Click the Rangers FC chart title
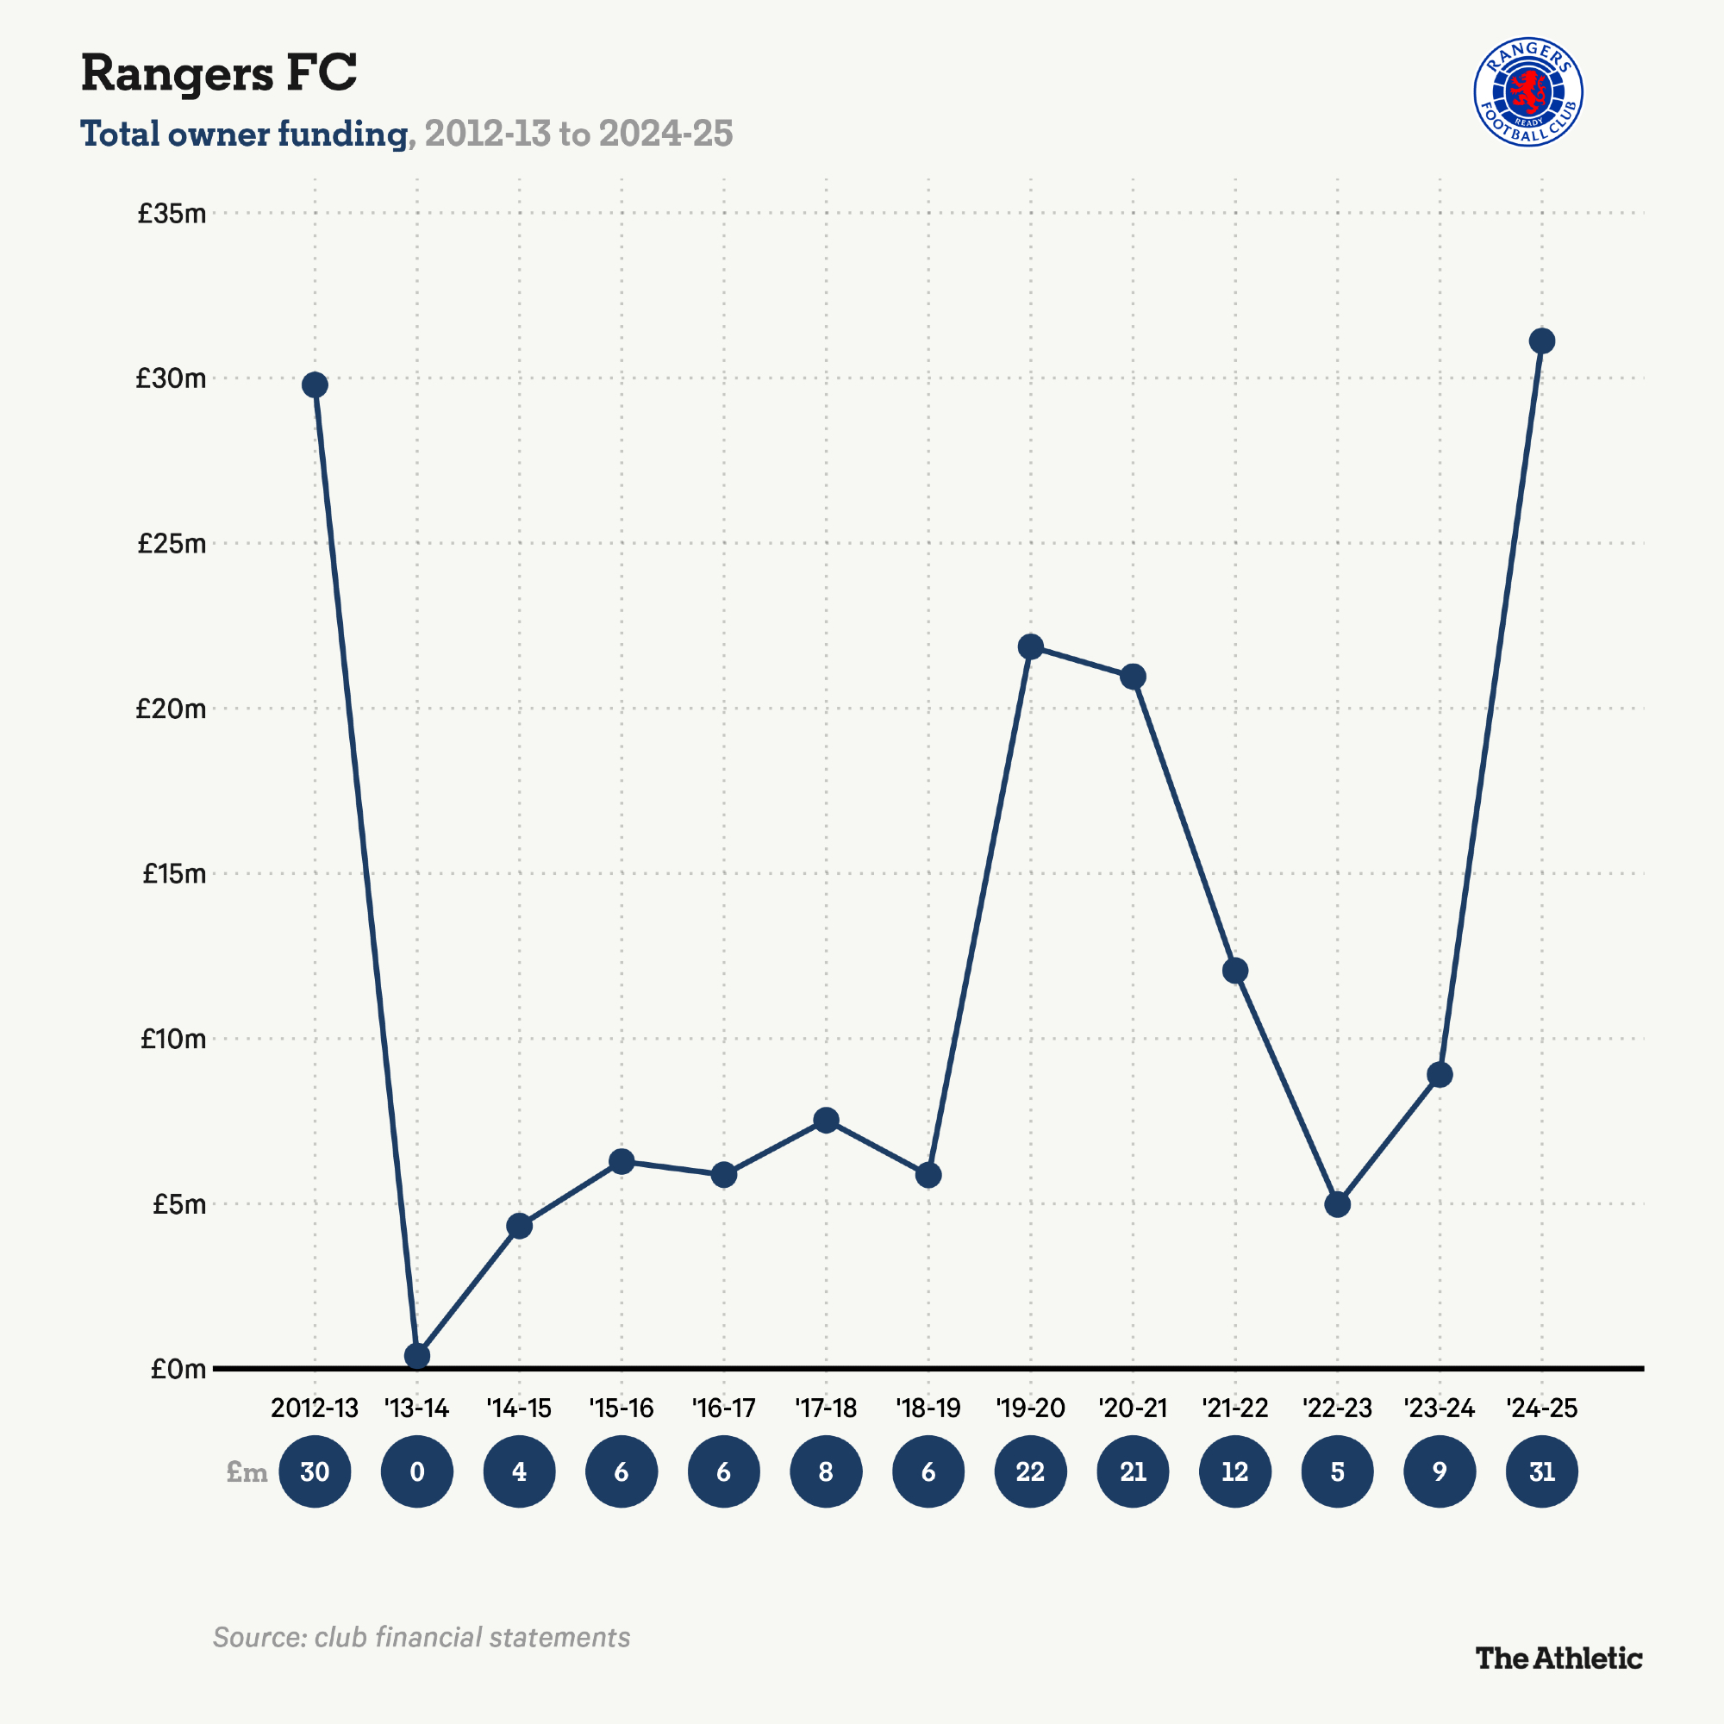point(219,73)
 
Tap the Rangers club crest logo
point(1527,93)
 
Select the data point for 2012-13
point(315,384)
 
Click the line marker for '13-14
point(416,1355)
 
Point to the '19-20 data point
point(1031,646)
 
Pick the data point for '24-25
point(1542,340)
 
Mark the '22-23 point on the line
point(1337,1205)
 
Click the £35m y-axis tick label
point(172,213)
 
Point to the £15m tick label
point(174,873)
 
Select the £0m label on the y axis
point(178,1369)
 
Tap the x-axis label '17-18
point(826,1409)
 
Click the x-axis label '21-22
point(1235,1409)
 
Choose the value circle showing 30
point(315,1471)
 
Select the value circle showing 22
point(1031,1471)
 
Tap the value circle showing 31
point(1542,1471)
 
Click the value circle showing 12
point(1235,1471)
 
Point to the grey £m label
point(247,1471)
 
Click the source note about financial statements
point(422,1638)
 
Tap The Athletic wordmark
point(1558,1658)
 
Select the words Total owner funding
point(244,134)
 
